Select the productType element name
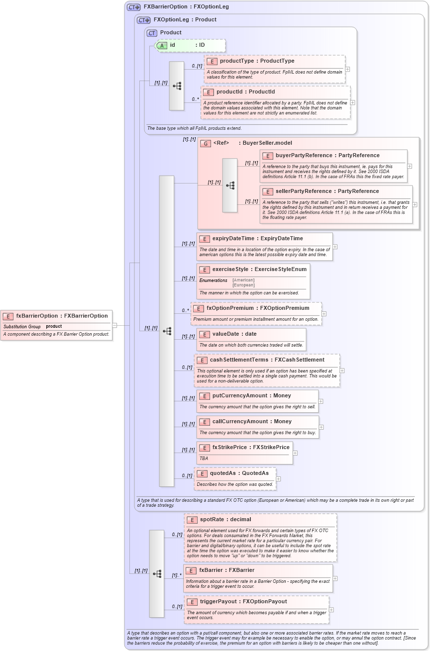pos(237,61)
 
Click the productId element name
pos(234,92)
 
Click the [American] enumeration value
pos(243,280)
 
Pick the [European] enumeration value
pos(243,285)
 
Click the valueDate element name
pos(227,334)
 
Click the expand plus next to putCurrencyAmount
pos(321,401)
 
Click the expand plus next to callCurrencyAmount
pos(321,427)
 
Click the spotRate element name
pos(212,520)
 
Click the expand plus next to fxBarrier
pos(335,578)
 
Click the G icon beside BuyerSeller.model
pos(206,143)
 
